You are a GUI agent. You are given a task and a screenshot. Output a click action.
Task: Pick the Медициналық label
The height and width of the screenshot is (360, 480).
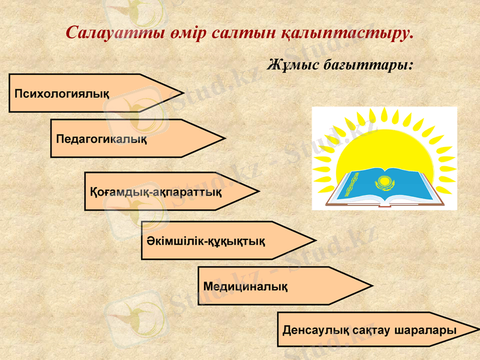[x=245, y=286]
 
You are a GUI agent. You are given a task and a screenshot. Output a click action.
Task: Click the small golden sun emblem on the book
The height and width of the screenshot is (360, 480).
[x=382, y=182]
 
